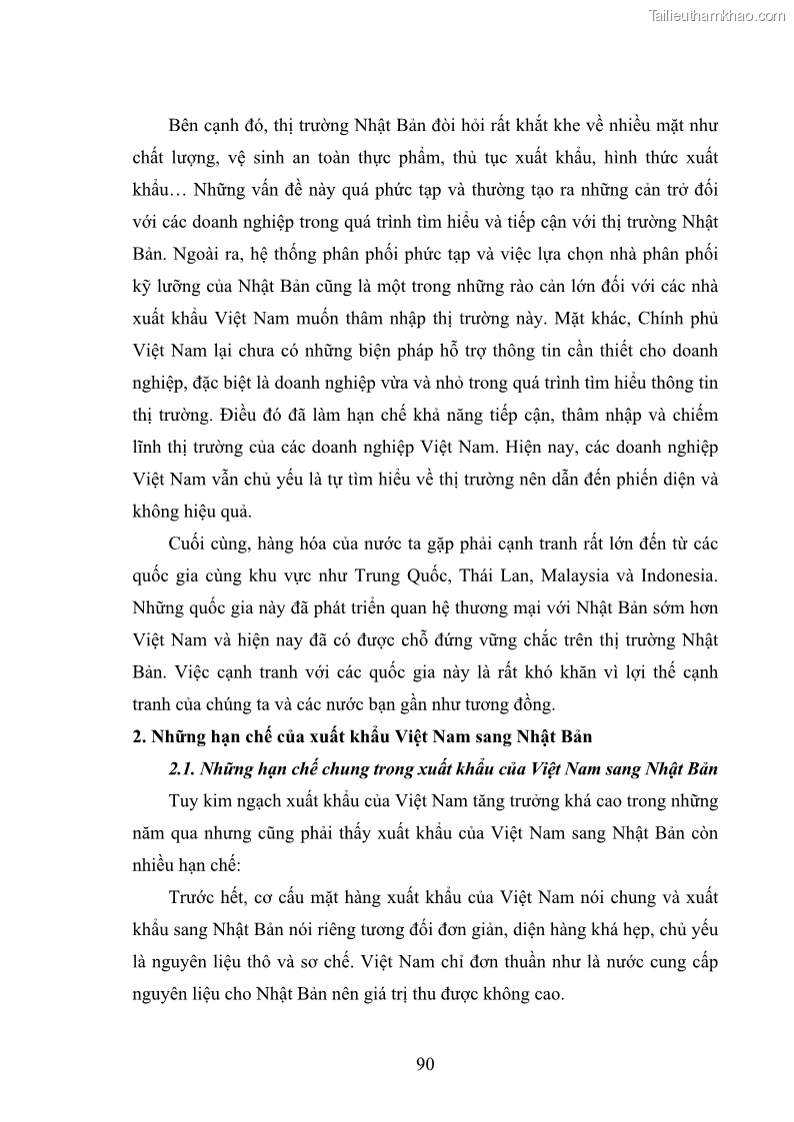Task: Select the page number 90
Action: click(424, 1063)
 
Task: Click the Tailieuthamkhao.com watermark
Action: click(717, 15)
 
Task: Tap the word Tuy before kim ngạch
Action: click(185, 801)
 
